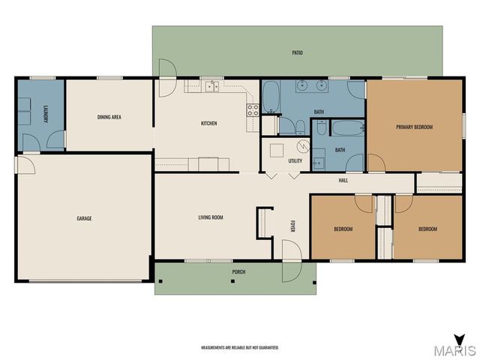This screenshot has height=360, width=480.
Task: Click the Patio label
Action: [x=297, y=52]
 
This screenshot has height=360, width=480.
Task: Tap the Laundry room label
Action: [x=45, y=114]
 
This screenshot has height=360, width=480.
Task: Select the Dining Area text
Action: [x=109, y=117]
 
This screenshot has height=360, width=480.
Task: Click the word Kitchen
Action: [x=208, y=123]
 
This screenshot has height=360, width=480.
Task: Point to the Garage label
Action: [x=84, y=218]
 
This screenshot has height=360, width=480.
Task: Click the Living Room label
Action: [x=211, y=217]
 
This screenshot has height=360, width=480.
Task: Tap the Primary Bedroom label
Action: [x=415, y=127]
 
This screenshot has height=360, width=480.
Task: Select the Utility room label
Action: [x=295, y=160]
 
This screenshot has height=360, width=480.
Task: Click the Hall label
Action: [x=343, y=181]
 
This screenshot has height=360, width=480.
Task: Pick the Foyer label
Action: [x=292, y=226]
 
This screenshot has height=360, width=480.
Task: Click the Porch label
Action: [x=238, y=271]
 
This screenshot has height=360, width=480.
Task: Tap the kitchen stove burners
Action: [x=253, y=110]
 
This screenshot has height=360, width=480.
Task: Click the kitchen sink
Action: [x=211, y=87]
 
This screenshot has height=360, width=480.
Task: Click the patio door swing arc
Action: [x=168, y=78]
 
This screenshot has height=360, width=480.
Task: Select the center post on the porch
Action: [x=232, y=281]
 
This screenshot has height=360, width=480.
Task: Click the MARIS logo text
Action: [x=455, y=351]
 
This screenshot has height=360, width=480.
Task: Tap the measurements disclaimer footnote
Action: [x=240, y=348]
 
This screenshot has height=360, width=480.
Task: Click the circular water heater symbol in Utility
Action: [x=303, y=147]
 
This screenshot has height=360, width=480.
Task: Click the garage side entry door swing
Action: [x=26, y=165]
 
